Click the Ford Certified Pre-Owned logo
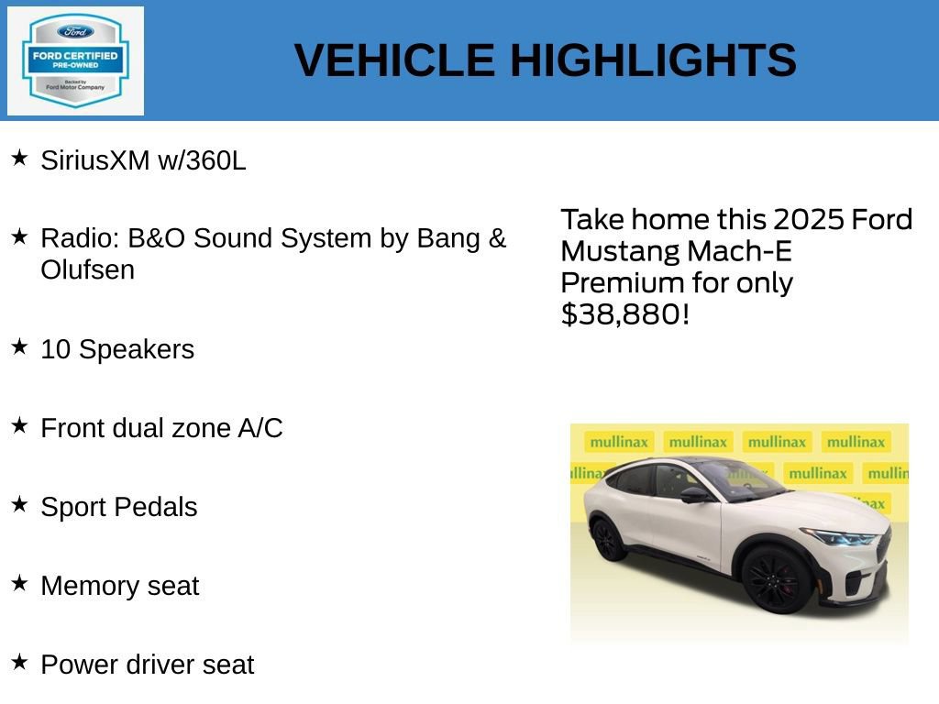tap(75, 60)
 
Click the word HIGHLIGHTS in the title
tap(653, 60)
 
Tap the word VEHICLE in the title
tap(394, 60)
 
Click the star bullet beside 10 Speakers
tap(19, 347)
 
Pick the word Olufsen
tap(87, 270)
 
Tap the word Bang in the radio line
tap(448, 238)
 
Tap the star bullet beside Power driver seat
tap(19, 663)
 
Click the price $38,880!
tap(624, 314)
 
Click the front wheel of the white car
tap(776, 578)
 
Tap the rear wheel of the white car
tap(609, 540)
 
